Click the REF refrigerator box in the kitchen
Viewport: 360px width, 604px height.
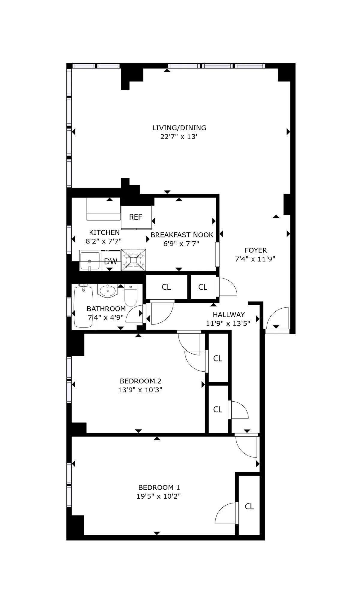point(136,217)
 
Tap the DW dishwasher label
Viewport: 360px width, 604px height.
point(111,261)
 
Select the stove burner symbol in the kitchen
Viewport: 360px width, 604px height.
point(133,260)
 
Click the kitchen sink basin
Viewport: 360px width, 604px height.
point(90,261)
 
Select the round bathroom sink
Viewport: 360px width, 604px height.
point(107,291)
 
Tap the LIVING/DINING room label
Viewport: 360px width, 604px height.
point(179,128)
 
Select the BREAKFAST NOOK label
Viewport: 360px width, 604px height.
point(182,235)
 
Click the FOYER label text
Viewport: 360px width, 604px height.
point(256,250)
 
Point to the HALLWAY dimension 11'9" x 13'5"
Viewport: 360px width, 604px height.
point(228,323)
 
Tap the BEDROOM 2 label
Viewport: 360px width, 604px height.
point(140,381)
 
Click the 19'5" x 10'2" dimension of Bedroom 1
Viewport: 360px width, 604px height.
point(158,496)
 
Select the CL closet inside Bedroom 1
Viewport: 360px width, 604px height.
point(249,506)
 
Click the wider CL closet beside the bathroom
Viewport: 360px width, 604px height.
point(166,287)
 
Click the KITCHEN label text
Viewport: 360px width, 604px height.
point(104,232)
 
